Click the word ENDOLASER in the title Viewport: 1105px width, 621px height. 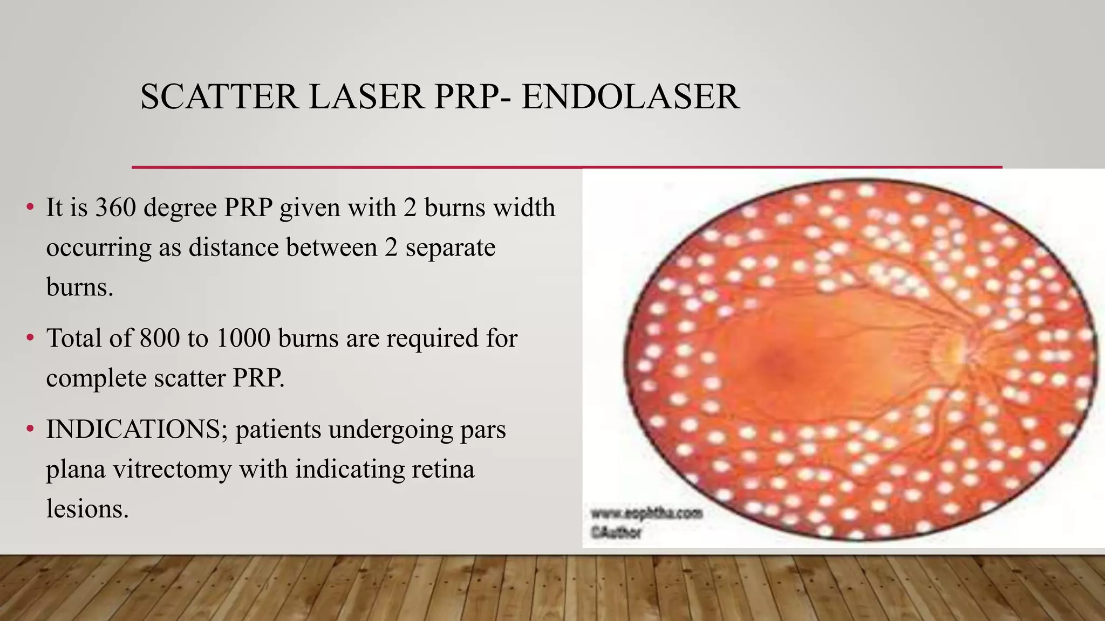click(630, 97)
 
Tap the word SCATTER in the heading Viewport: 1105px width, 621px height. click(219, 97)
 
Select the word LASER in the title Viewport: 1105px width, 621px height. click(366, 97)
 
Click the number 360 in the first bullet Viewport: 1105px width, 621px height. click(115, 208)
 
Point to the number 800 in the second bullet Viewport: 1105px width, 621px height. click(159, 339)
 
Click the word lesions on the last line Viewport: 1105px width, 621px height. click(87, 509)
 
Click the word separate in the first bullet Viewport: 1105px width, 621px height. click(450, 247)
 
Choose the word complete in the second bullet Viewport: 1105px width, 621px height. click(96, 378)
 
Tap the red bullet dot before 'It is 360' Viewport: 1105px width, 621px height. click(30, 208)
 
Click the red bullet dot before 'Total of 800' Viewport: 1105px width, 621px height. click(30, 339)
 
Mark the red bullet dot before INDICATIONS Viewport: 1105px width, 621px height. click(30, 430)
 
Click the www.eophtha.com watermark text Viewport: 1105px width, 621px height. click(646, 513)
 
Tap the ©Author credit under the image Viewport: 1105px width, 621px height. click(616, 533)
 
